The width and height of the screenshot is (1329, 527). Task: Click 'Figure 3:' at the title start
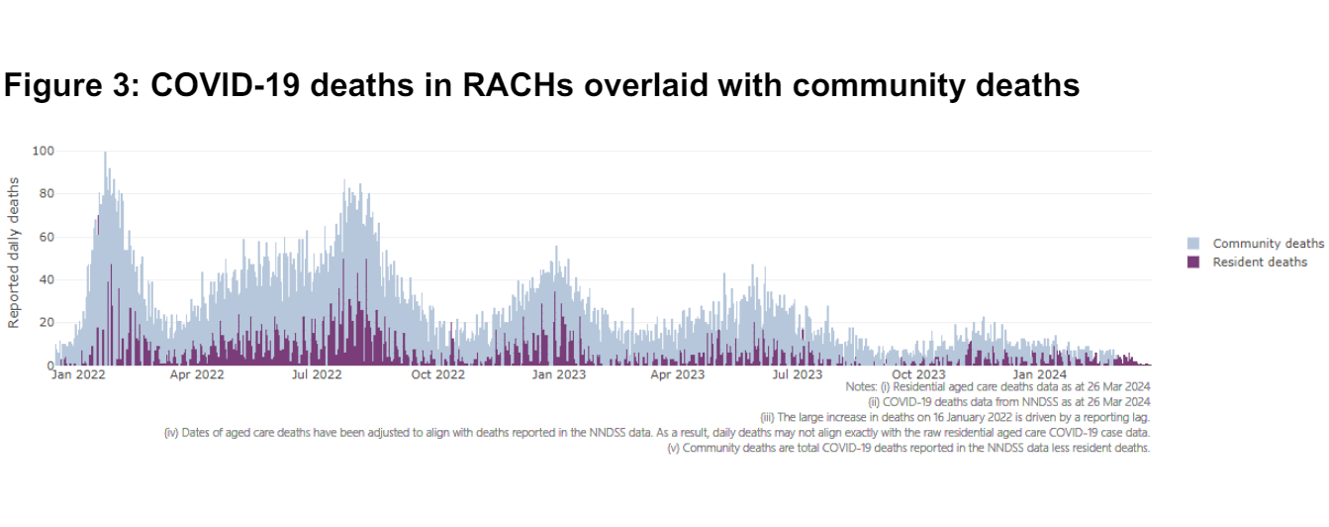68,85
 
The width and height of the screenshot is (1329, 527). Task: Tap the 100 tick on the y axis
43,151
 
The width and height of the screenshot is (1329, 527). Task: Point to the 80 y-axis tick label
45,194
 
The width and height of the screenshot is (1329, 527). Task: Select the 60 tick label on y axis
45,237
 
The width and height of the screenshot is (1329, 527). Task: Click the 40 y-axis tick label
45,279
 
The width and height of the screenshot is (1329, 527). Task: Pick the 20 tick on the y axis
45,323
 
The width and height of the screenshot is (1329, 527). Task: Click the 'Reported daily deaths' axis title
14,254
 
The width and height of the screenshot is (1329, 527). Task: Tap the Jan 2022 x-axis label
77,374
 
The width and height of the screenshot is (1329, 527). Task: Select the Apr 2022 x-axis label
197,374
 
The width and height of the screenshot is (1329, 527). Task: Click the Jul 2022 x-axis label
317,374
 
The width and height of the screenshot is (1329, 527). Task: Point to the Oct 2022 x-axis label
437,374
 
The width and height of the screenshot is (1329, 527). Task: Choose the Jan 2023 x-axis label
558,374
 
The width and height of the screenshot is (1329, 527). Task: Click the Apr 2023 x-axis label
677,374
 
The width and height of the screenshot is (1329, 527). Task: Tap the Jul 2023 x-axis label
797,374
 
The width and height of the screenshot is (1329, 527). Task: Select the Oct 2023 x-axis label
918,374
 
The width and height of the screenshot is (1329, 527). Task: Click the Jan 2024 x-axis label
1038,374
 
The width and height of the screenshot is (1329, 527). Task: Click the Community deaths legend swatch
1192,244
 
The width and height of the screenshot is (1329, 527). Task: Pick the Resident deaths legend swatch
1192,262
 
